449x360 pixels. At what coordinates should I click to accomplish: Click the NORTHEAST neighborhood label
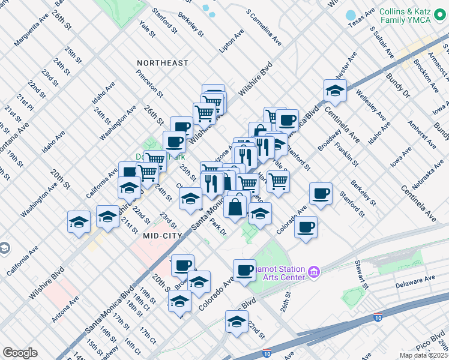(x=162, y=63)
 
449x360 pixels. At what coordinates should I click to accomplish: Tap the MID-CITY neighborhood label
(x=162, y=236)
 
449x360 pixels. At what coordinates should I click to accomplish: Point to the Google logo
(x=20, y=353)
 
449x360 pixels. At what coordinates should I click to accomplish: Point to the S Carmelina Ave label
(x=264, y=28)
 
